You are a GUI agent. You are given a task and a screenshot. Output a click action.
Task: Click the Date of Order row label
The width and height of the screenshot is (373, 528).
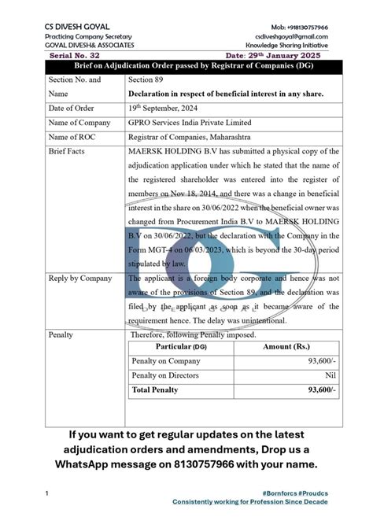75,108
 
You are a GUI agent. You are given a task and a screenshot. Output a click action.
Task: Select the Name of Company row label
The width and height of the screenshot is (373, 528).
80,123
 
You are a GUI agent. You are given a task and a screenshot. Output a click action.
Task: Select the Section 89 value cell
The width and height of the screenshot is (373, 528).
146,79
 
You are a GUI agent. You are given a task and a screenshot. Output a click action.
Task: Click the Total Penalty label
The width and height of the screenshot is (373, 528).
156,390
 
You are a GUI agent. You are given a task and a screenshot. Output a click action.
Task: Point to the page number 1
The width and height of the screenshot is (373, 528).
48,493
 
